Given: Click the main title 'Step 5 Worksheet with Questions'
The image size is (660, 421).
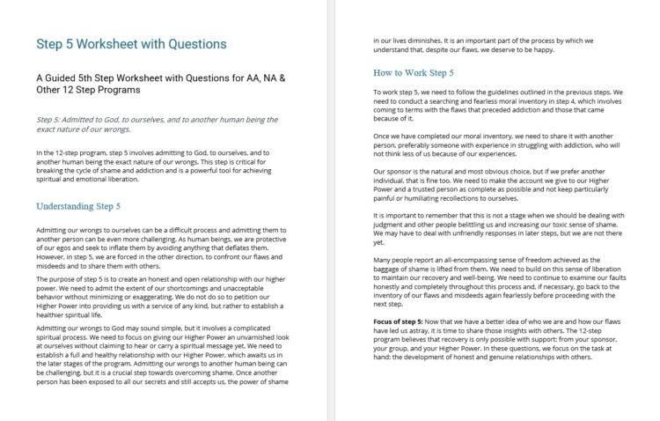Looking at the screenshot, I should pyautogui.click(x=130, y=43).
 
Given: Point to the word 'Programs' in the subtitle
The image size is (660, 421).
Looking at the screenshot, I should pyautogui.click(x=150, y=90).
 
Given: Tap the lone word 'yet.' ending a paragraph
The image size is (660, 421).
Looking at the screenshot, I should pyautogui.click(x=379, y=242).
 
